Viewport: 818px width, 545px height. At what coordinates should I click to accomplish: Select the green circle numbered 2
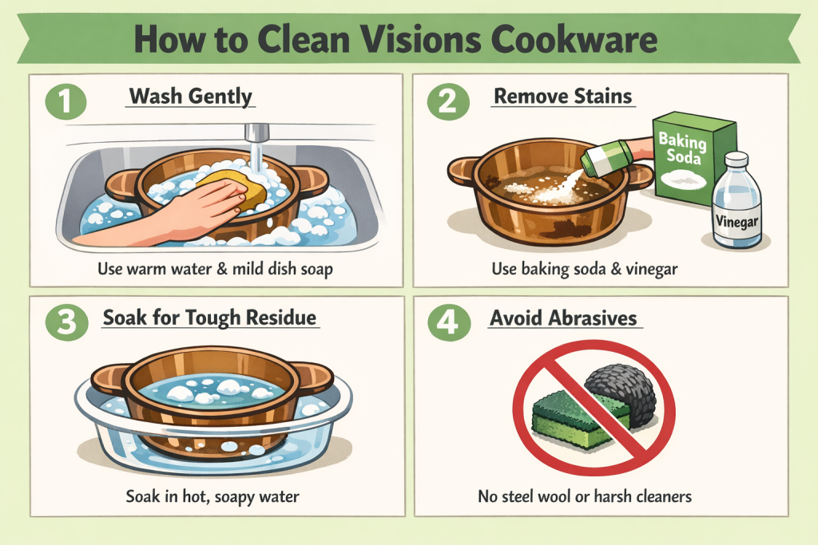tap(448, 101)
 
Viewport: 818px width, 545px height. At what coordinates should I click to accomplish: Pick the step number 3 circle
tap(67, 322)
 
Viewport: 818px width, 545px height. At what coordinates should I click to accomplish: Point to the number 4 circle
tap(449, 322)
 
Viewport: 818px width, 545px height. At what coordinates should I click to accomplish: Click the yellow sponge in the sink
tap(232, 188)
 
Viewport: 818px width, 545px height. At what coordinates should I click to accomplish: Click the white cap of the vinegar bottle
tap(737, 159)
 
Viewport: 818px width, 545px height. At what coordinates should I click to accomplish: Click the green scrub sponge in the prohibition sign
tap(579, 420)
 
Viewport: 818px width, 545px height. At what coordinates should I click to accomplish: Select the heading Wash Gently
tap(190, 97)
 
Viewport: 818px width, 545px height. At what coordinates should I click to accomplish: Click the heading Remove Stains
tap(563, 97)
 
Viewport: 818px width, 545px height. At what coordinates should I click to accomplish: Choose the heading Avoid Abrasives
tap(563, 318)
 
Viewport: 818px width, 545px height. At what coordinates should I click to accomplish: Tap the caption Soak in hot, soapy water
tap(212, 496)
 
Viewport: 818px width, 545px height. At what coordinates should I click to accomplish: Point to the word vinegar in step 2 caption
tap(652, 270)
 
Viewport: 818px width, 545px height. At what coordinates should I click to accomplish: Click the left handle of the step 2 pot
tap(462, 171)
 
